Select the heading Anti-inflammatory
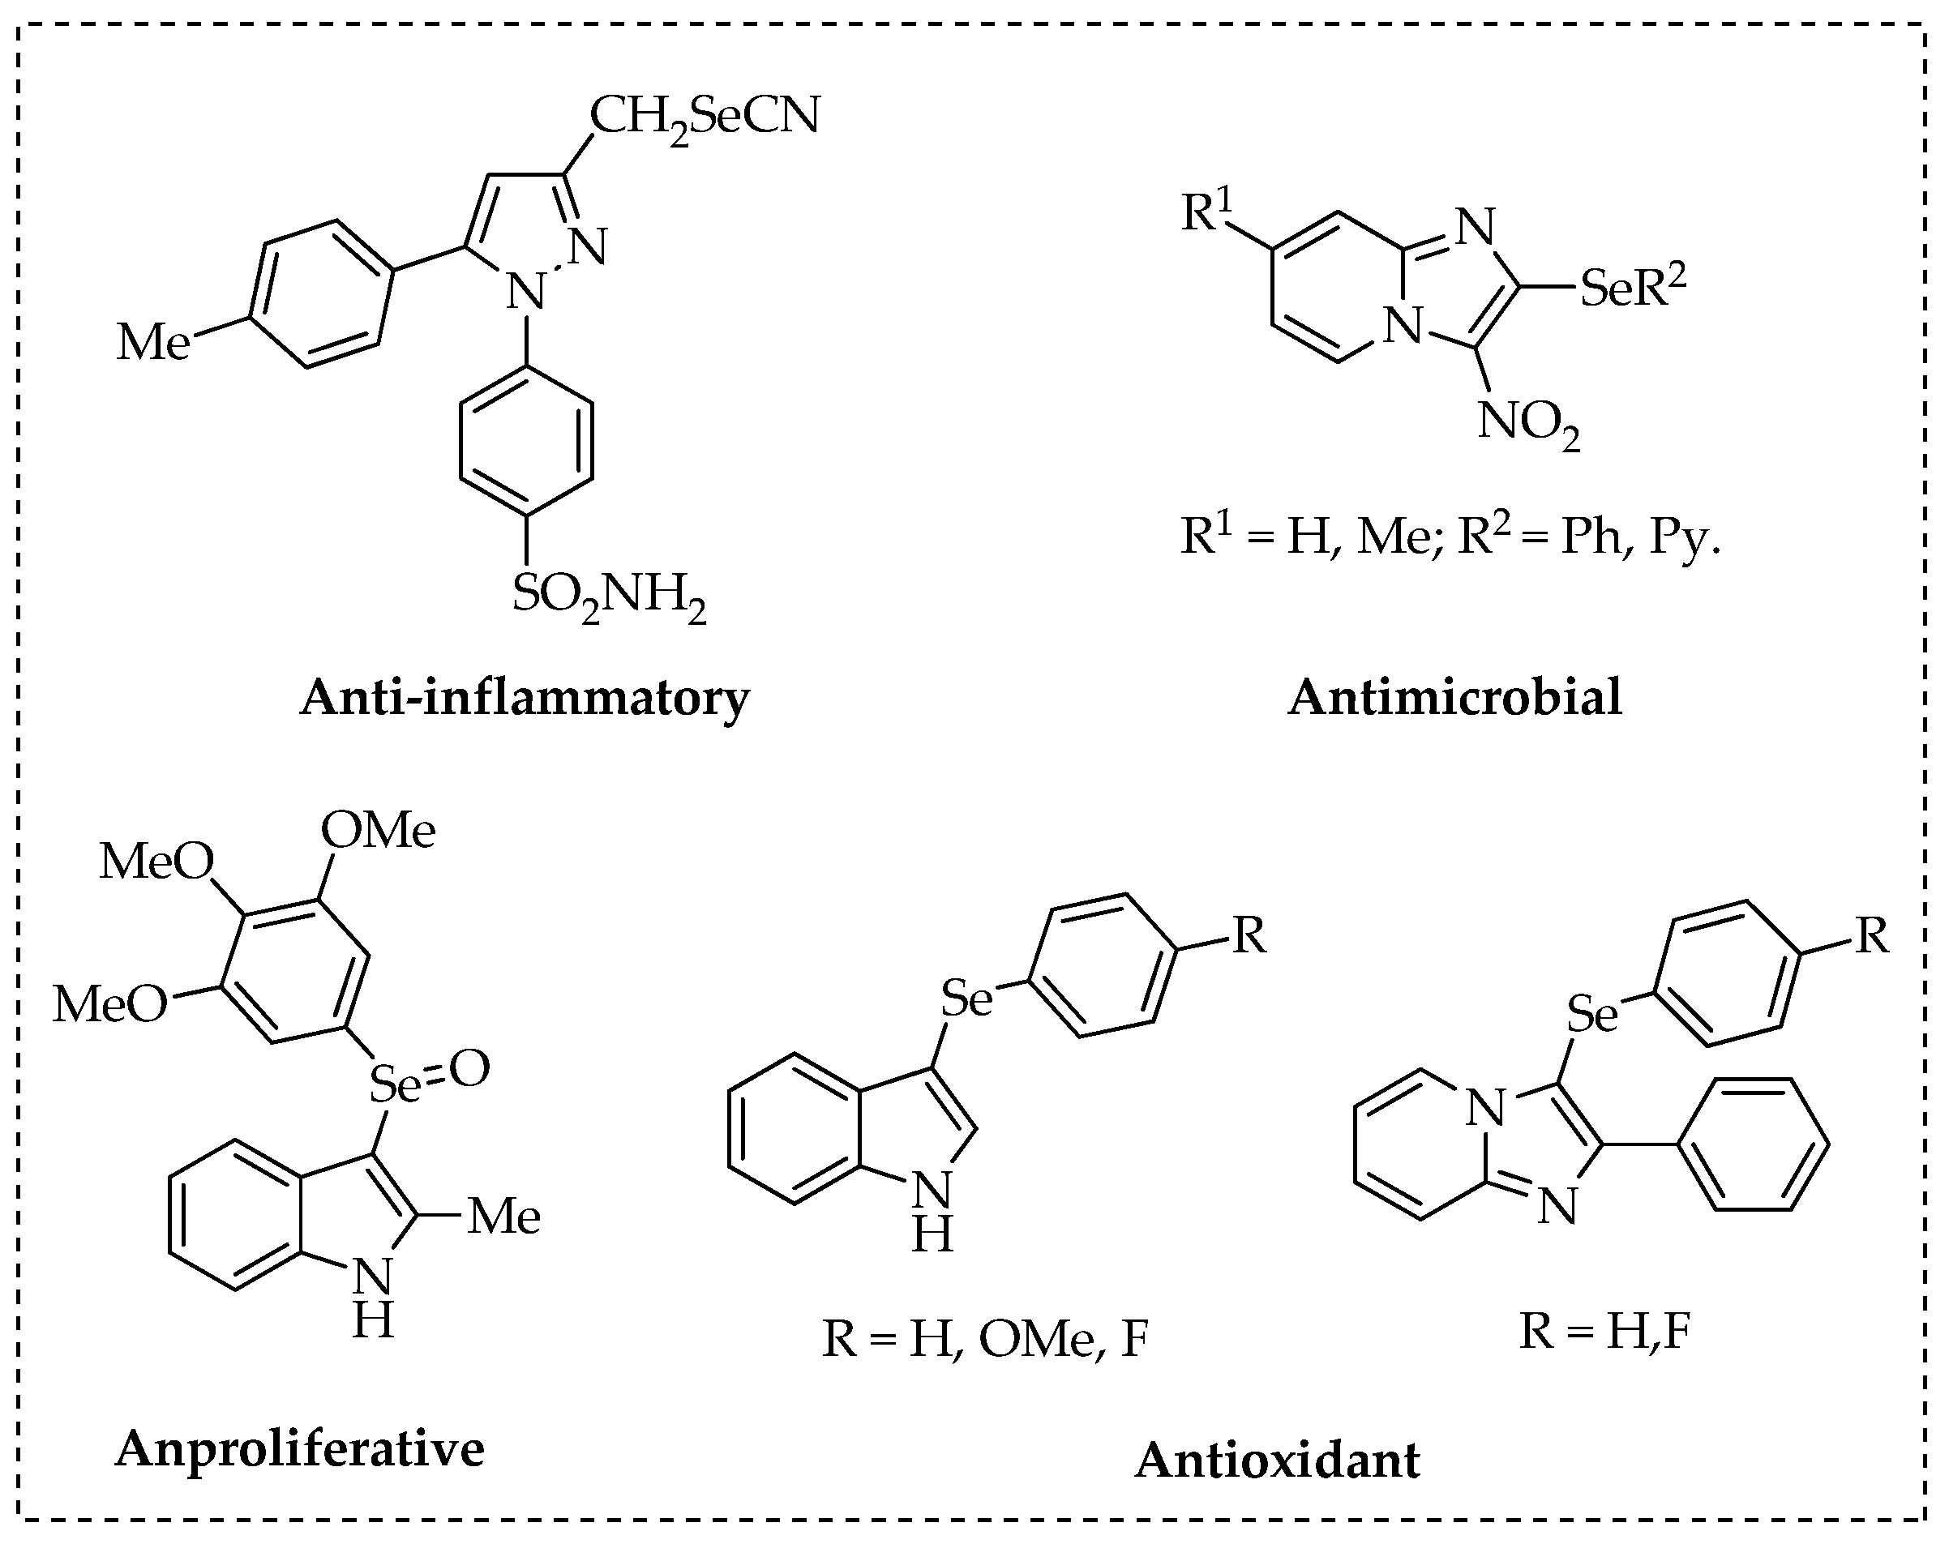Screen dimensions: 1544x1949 (525, 698)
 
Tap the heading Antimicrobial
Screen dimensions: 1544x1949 (1454, 698)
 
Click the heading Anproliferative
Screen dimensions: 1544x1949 (300, 1448)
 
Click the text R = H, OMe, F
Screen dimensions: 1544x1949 (984, 1339)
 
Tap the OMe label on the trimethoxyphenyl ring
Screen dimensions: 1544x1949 (379, 830)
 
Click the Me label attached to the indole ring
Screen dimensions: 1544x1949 (504, 1217)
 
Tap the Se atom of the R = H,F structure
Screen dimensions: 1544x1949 (1591, 1014)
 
